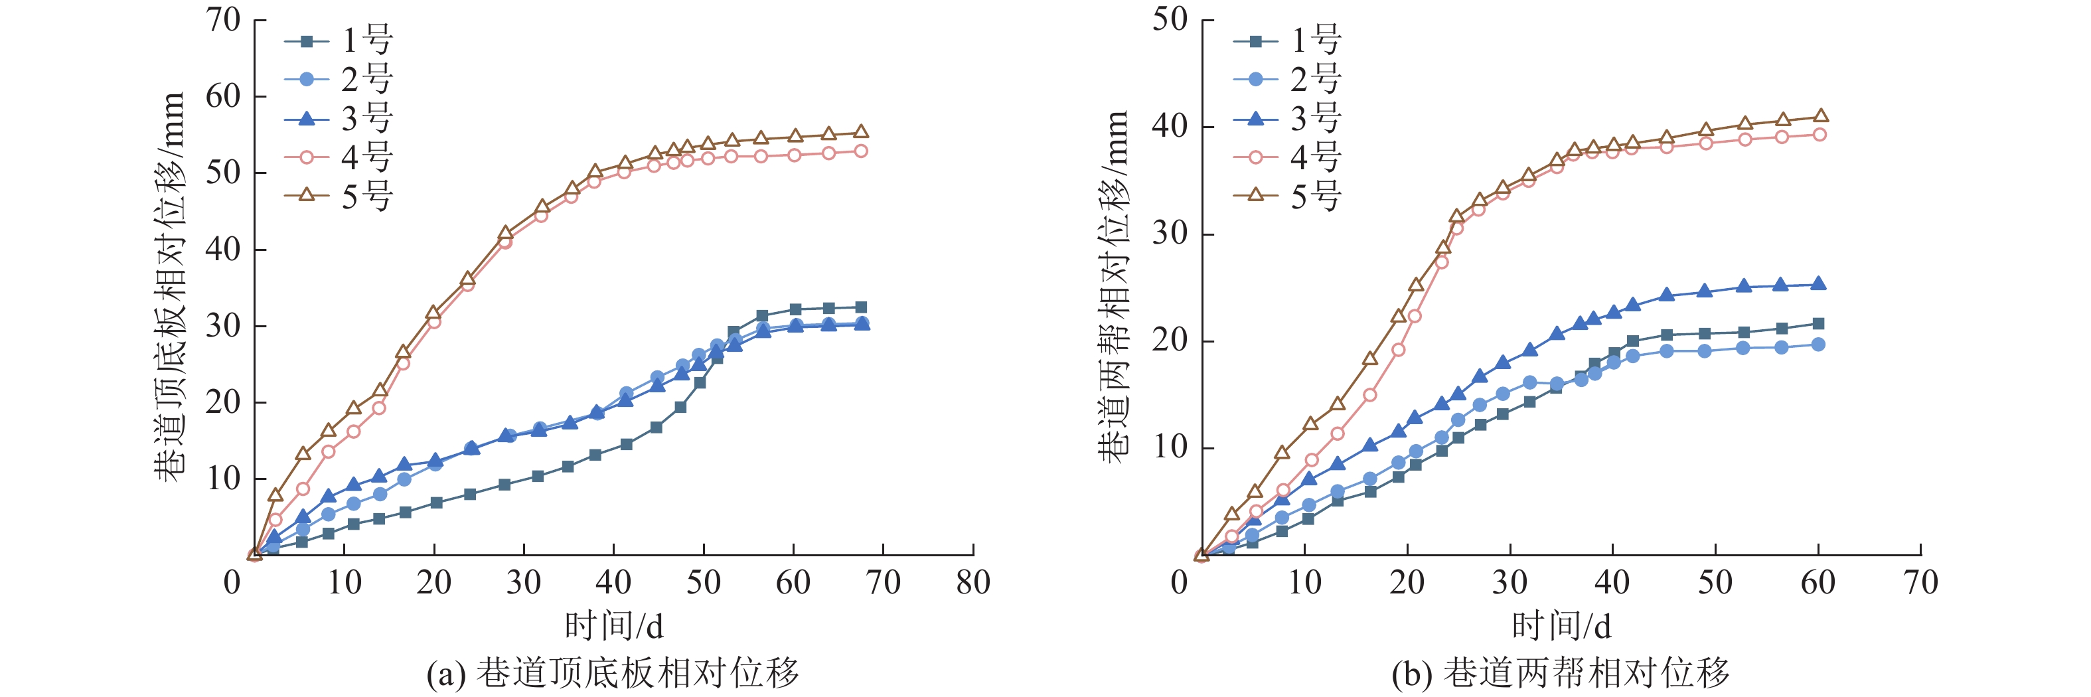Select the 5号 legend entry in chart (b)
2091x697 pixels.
(x=1287, y=196)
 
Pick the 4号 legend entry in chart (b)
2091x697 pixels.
(x=1287, y=157)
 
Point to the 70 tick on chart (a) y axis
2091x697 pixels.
(x=223, y=21)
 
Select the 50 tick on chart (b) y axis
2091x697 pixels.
(x=1170, y=21)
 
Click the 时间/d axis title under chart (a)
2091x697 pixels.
(x=613, y=625)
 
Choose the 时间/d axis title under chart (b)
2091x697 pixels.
(x=1561, y=625)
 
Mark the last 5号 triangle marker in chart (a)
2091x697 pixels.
(x=861, y=132)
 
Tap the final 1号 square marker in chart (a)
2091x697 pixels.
(x=861, y=307)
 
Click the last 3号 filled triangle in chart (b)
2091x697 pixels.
(x=1818, y=284)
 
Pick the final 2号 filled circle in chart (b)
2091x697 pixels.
(x=1818, y=344)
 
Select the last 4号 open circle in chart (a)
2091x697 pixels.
(x=861, y=151)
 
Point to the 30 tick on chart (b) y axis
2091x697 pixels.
(x=1170, y=234)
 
